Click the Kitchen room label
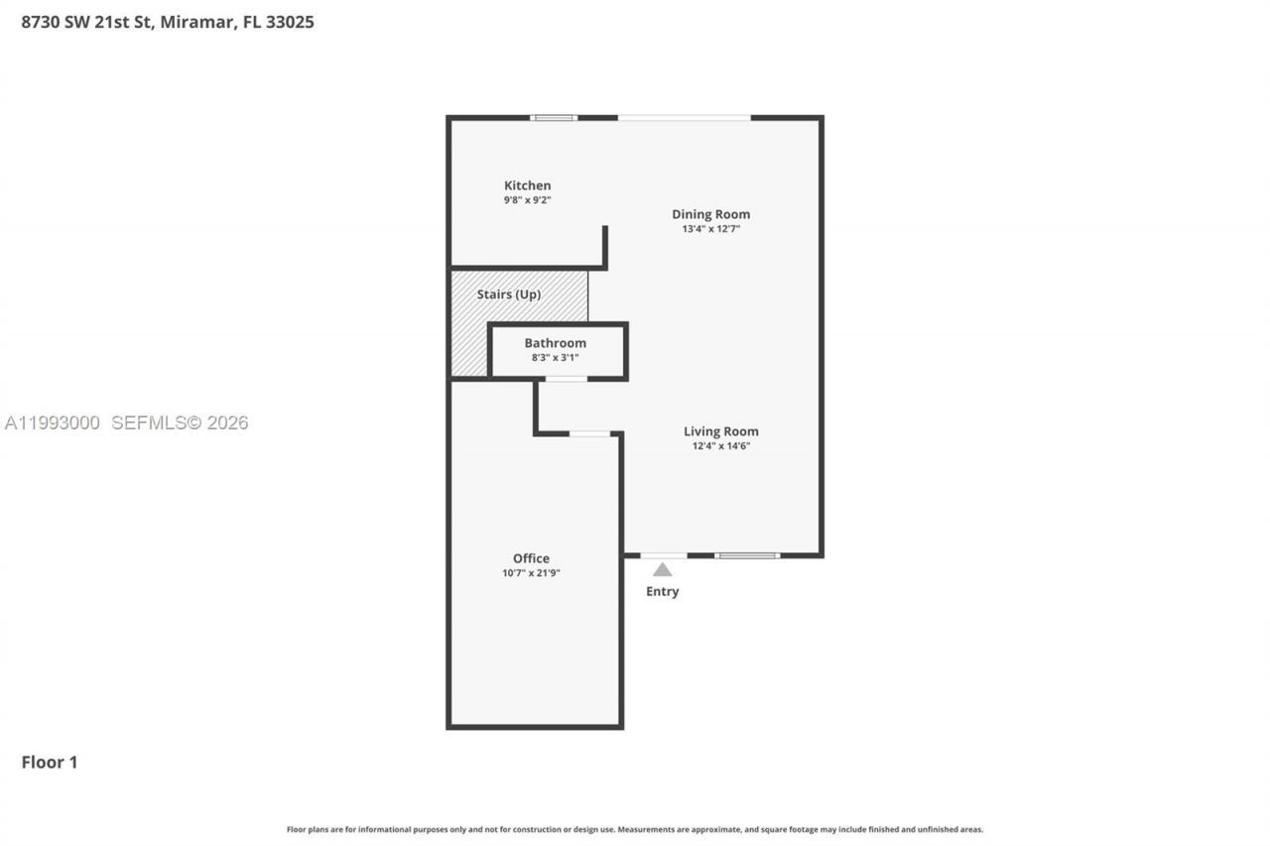[527, 185]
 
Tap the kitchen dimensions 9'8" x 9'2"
[527, 200]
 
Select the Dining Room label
[710, 214]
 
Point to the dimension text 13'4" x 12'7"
[710, 229]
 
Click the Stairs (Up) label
[508, 295]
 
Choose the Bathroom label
[555, 343]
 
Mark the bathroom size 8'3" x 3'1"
[555, 357]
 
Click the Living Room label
[720, 431]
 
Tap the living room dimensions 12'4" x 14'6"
[720, 446]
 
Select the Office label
[531, 558]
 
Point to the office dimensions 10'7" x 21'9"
[531, 573]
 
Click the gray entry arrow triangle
[662, 569]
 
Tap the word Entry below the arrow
[662, 592]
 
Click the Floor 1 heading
[50, 763]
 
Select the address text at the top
[168, 22]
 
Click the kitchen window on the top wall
[554, 118]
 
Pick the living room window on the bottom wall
[747, 555]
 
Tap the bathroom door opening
[566, 379]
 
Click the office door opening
[589, 433]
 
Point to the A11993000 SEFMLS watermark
[126, 423]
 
